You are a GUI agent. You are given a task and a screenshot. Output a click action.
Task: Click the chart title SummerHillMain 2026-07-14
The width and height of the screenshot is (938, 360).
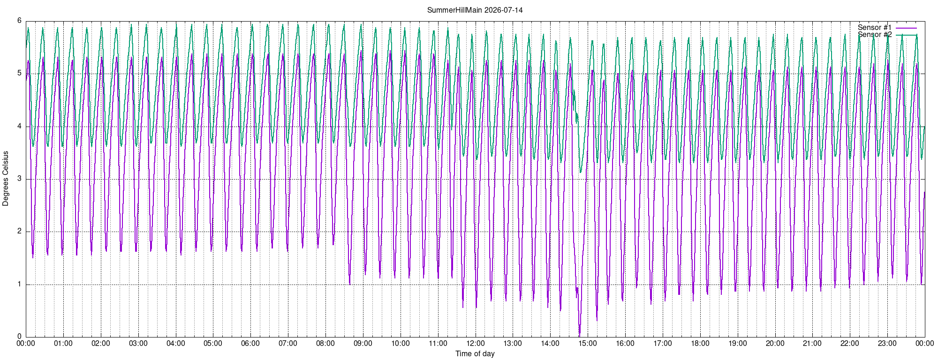tap(475, 10)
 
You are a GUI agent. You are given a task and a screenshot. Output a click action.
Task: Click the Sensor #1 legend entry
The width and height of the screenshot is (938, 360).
tap(875, 27)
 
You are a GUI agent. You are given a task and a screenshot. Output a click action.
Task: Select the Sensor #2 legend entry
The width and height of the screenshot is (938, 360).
tap(875, 35)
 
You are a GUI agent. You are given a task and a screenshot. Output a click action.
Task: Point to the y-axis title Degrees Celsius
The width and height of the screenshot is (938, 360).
tap(6, 179)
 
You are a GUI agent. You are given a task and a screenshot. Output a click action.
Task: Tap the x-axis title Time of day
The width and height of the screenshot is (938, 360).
tap(475, 353)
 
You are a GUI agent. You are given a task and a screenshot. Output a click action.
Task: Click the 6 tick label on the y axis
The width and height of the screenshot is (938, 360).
tap(20, 21)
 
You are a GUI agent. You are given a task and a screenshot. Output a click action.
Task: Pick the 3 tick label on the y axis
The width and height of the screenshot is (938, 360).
tap(20, 179)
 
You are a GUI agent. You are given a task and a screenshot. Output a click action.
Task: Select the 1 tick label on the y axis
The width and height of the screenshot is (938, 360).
tap(20, 284)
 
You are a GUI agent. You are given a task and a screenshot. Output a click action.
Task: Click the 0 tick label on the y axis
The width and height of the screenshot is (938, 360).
tap(20, 337)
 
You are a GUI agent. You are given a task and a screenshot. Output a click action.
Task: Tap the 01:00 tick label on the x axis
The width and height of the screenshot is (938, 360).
tap(63, 343)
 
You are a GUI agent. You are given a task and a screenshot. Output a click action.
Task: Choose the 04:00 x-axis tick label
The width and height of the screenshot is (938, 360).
tap(176, 343)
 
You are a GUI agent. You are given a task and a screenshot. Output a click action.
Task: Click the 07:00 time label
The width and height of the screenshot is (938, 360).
tap(288, 343)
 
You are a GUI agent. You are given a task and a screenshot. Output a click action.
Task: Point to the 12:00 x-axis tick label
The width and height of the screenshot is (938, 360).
tap(476, 343)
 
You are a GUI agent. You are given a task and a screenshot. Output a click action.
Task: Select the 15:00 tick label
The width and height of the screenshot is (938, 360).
tap(588, 343)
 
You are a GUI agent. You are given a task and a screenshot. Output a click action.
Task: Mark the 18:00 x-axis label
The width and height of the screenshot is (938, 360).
tap(700, 343)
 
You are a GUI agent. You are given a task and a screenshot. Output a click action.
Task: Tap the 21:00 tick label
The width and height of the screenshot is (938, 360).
tap(812, 343)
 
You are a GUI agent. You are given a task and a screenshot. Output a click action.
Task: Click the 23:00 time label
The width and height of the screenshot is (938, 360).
tap(887, 343)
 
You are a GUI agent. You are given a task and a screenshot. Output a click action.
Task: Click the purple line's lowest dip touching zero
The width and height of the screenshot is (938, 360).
tap(579, 336)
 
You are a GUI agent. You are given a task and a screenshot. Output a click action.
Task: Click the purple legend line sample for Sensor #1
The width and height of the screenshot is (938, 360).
tap(906, 28)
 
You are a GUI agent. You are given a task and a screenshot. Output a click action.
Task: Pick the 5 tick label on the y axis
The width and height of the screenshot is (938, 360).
tap(20, 73)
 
